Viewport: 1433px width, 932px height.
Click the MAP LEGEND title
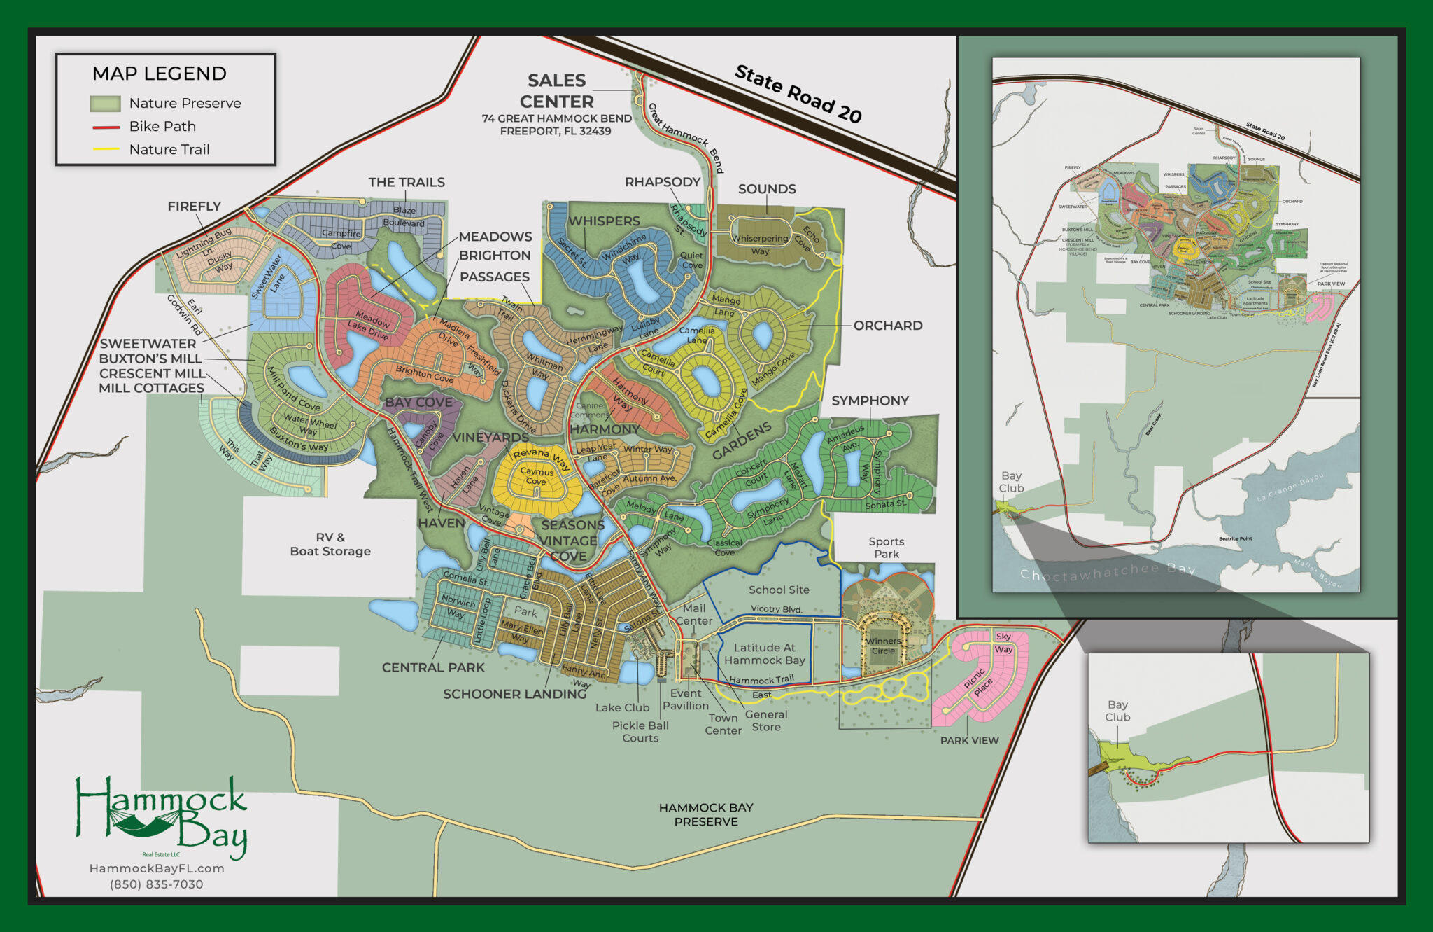tap(160, 74)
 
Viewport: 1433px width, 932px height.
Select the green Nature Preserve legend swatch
tap(105, 104)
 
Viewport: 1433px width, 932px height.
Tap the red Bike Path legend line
tap(106, 127)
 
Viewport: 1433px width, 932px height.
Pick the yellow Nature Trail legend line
tap(106, 150)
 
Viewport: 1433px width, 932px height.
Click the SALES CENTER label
tap(556, 91)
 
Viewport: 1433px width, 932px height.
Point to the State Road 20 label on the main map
tap(798, 94)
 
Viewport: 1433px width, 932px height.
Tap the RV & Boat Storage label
tap(330, 545)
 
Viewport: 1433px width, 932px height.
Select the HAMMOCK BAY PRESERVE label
tap(706, 814)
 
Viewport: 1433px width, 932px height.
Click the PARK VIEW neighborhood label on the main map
tap(969, 740)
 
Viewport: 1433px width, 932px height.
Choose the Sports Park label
tap(887, 548)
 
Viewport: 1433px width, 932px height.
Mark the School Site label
tap(779, 590)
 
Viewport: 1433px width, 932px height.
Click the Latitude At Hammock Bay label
tap(765, 654)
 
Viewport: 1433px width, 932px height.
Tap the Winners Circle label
tap(883, 646)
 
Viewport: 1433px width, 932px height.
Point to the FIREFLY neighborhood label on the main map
tap(194, 207)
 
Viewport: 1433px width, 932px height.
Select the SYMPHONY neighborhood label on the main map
tap(870, 401)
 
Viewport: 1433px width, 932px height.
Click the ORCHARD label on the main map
tap(888, 326)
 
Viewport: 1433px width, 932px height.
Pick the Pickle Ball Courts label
tap(640, 732)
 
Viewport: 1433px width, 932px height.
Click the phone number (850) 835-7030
tap(157, 884)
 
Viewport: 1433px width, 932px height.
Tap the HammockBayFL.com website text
tap(157, 868)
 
